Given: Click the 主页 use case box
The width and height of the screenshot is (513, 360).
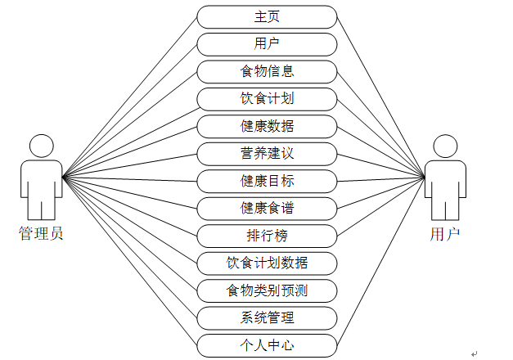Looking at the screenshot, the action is coord(267,17).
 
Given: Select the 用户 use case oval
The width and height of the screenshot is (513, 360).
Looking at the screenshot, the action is coord(267,44).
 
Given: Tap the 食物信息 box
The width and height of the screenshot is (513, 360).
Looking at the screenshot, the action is coord(267,72).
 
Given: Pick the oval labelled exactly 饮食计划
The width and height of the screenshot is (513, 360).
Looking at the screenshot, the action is coord(267,99).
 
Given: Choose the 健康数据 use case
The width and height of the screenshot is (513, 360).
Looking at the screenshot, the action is coord(267,126).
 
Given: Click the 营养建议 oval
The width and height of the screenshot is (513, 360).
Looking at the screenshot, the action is coord(267,154).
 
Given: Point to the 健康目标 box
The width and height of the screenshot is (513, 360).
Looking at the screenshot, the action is coord(267,182).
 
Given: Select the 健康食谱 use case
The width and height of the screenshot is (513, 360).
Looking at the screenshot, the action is coord(267,209).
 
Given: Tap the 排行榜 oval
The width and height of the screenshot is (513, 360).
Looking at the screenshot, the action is coord(267,236).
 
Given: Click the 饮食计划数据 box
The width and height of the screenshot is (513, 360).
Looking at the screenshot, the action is coord(267,263).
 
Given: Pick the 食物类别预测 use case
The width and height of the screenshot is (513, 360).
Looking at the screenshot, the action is coord(267,290).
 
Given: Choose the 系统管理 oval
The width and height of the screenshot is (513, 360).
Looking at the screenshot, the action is coord(267,318).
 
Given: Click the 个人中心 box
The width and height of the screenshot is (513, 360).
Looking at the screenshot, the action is coord(267,345).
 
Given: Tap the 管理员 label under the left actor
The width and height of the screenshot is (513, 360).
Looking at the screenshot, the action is coord(41,234).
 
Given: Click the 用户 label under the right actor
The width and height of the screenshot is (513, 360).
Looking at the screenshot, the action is coord(445,234).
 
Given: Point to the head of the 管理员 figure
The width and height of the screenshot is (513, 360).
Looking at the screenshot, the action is coord(42,146).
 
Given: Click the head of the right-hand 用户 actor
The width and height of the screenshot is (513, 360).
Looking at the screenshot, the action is coord(445,146).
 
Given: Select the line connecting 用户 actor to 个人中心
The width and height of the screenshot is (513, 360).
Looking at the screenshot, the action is coord(380,262).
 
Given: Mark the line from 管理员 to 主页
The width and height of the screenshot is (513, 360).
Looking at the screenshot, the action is coord(129,97).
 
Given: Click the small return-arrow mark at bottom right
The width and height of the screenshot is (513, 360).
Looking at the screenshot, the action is coord(475,353).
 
